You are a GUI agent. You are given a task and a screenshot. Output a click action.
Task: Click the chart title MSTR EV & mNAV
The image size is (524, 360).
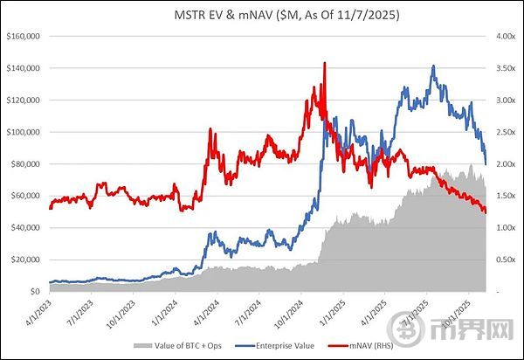(x=262, y=15)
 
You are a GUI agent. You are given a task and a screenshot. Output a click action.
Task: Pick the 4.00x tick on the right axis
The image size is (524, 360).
(x=500, y=37)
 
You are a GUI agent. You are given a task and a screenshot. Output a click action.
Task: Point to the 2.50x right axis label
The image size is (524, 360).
(x=500, y=132)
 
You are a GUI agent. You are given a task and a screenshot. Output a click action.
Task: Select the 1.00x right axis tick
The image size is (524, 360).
(x=500, y=227)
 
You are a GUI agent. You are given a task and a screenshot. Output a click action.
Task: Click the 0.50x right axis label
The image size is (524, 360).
(x=500, y=260)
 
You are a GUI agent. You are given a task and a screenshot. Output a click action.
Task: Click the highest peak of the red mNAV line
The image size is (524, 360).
(x=325, y=63)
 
